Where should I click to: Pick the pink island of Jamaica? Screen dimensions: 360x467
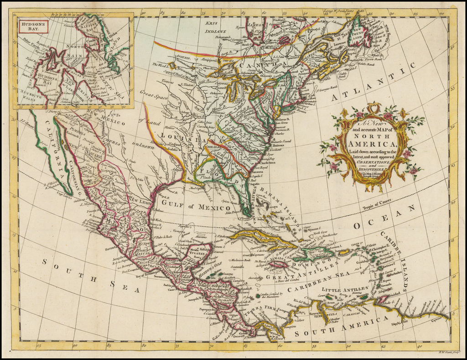point(279,264)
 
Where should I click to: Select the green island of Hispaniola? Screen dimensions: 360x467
point(319,252)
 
